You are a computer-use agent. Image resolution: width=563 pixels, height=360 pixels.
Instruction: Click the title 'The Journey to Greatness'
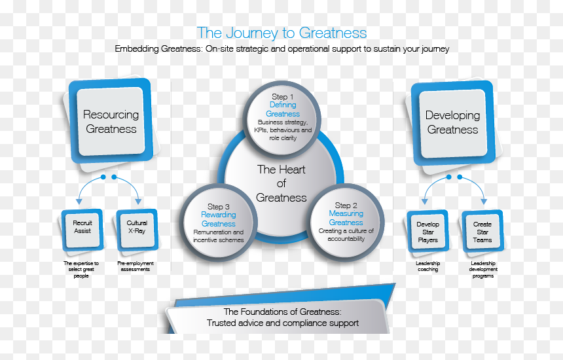[282, 33]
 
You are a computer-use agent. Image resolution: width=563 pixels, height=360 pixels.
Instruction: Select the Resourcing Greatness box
[111, 121]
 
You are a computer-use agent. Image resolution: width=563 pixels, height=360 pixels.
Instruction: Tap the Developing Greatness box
[453, 123]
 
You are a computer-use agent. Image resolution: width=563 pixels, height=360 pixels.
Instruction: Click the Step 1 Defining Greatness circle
[282, 120]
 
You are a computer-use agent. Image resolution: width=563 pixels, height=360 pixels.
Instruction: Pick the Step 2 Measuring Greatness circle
[346, 223]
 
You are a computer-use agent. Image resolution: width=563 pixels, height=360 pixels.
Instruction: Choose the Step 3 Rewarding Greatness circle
[218, 223]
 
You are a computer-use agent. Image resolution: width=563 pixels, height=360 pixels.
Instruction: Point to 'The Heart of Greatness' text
[281, 183]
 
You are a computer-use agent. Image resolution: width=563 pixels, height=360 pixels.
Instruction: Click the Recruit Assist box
[82, 230]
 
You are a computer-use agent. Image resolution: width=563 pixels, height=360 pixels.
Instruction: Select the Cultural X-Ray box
[137, 230]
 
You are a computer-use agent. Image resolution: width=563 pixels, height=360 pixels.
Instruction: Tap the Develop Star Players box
[427, 232]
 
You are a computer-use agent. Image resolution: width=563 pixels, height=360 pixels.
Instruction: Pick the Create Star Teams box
[482, 232]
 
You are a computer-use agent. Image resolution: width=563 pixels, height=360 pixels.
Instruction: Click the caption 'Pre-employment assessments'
[136, 266]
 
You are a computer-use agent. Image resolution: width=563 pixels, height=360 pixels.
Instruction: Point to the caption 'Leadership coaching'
[427, 266]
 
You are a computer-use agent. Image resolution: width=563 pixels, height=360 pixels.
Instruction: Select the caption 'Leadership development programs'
[483, 269]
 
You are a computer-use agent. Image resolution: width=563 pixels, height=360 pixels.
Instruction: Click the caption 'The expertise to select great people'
[81, 269]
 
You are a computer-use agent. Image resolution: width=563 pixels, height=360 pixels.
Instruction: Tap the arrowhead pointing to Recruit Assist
[79, 202]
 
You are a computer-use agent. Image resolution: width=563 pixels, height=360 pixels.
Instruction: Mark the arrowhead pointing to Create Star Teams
[484, 202]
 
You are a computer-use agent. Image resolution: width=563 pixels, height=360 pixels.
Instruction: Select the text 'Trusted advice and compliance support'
[283, 323]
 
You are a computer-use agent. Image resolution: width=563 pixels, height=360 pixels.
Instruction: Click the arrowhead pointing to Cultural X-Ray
[138, 202]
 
